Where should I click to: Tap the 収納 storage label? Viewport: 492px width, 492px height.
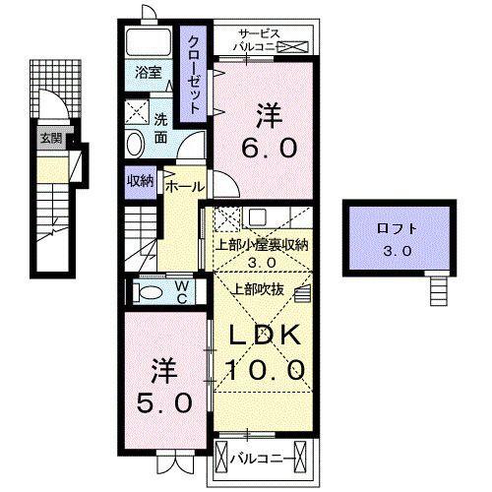point(139,181)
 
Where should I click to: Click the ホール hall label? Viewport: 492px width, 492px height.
point(184,186)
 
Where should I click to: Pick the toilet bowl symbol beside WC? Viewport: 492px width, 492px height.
point(150,292)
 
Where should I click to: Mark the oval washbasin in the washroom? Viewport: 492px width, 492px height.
point(136,145)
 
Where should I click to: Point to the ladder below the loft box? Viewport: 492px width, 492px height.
point(437,288)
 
